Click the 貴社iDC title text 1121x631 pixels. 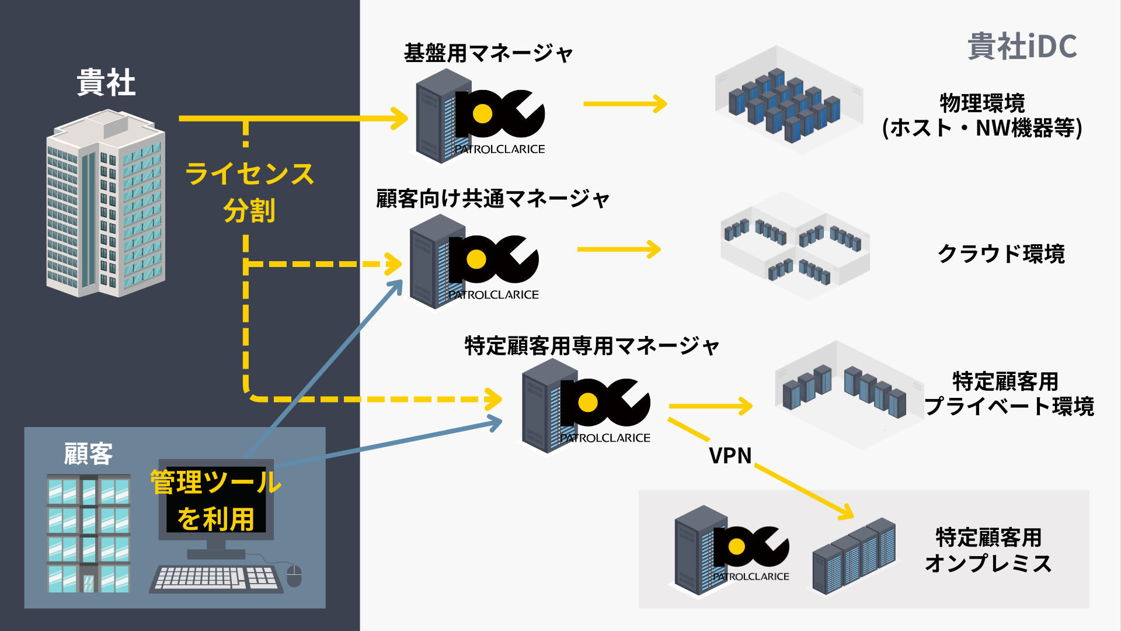coord(1022,46)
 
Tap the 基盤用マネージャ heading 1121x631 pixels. coord(488,53)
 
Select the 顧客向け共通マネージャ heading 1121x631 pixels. coord(493,199)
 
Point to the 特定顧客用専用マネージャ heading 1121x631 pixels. coord(591,346)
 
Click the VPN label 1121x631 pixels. coord(730,456)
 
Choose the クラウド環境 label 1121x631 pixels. coord(1001,254)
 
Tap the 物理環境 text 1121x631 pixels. coord(982,103)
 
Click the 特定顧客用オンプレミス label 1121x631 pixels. coord(988,550)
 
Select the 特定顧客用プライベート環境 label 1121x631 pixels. coord(1009,394)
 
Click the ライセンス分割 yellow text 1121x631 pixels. coord(249,192)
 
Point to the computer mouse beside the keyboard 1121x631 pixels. coord(294,576)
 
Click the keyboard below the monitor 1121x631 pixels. coord(216,579)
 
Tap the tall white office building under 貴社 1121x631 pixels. coord(105,204)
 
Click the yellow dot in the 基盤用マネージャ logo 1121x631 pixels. coord(482,114)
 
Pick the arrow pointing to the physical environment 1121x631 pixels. coord(625,104)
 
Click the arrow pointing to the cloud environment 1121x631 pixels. coord(619,249)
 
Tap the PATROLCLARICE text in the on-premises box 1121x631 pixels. coord(751,577)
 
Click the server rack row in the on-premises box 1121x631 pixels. coord(854,556)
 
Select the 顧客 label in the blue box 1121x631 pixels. coord(88,454)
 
